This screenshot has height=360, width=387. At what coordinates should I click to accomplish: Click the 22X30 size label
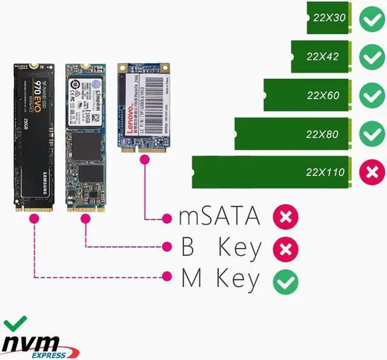coord(329,18)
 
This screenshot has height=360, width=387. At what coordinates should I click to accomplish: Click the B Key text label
coord(221,247)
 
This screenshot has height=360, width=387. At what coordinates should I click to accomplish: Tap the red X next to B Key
coord(284,247)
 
